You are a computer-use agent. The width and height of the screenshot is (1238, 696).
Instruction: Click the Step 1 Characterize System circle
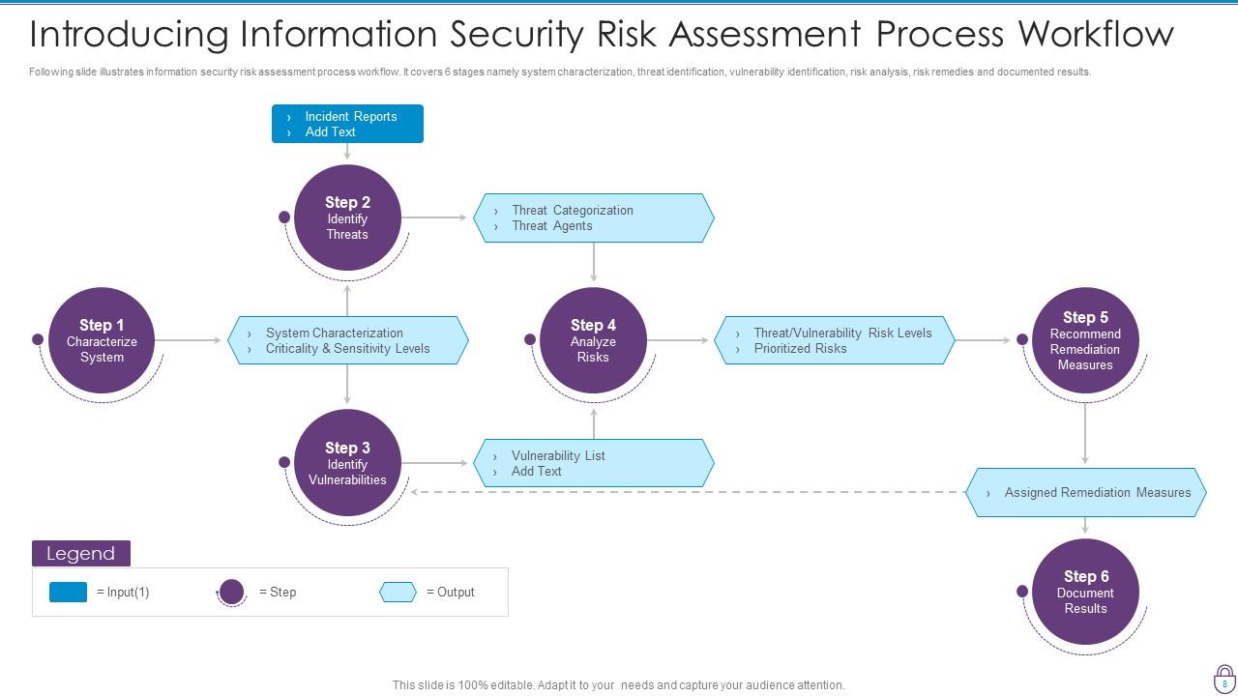102,340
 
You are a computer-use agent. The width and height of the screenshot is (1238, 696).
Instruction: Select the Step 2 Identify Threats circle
347,217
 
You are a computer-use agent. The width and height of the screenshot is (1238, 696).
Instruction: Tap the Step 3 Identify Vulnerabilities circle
347,463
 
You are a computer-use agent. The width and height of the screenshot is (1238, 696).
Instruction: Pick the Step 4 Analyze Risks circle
593,340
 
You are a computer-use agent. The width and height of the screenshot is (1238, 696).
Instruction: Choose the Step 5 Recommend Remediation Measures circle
1085,340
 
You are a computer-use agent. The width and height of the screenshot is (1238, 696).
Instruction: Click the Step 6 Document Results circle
1085,592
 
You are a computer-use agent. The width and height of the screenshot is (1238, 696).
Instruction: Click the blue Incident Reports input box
347,124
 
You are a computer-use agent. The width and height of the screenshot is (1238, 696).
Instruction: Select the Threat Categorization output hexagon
593,217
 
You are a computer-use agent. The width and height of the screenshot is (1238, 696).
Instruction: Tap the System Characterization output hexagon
348,340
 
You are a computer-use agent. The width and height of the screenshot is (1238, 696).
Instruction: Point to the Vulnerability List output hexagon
593,463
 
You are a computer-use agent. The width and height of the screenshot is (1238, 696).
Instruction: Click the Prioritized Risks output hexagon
835,340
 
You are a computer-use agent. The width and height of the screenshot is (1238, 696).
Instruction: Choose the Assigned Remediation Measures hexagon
1085,492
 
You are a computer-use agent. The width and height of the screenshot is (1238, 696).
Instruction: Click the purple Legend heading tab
81,553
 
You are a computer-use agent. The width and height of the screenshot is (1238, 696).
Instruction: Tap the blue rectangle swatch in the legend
68,592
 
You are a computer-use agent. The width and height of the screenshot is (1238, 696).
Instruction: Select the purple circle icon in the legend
231,592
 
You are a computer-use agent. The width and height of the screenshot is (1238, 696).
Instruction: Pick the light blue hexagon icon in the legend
398,592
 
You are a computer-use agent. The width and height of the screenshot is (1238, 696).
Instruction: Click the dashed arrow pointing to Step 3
687,492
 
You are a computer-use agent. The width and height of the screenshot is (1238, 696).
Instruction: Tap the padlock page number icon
1224,678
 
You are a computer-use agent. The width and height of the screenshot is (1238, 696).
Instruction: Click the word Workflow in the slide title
1095,34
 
